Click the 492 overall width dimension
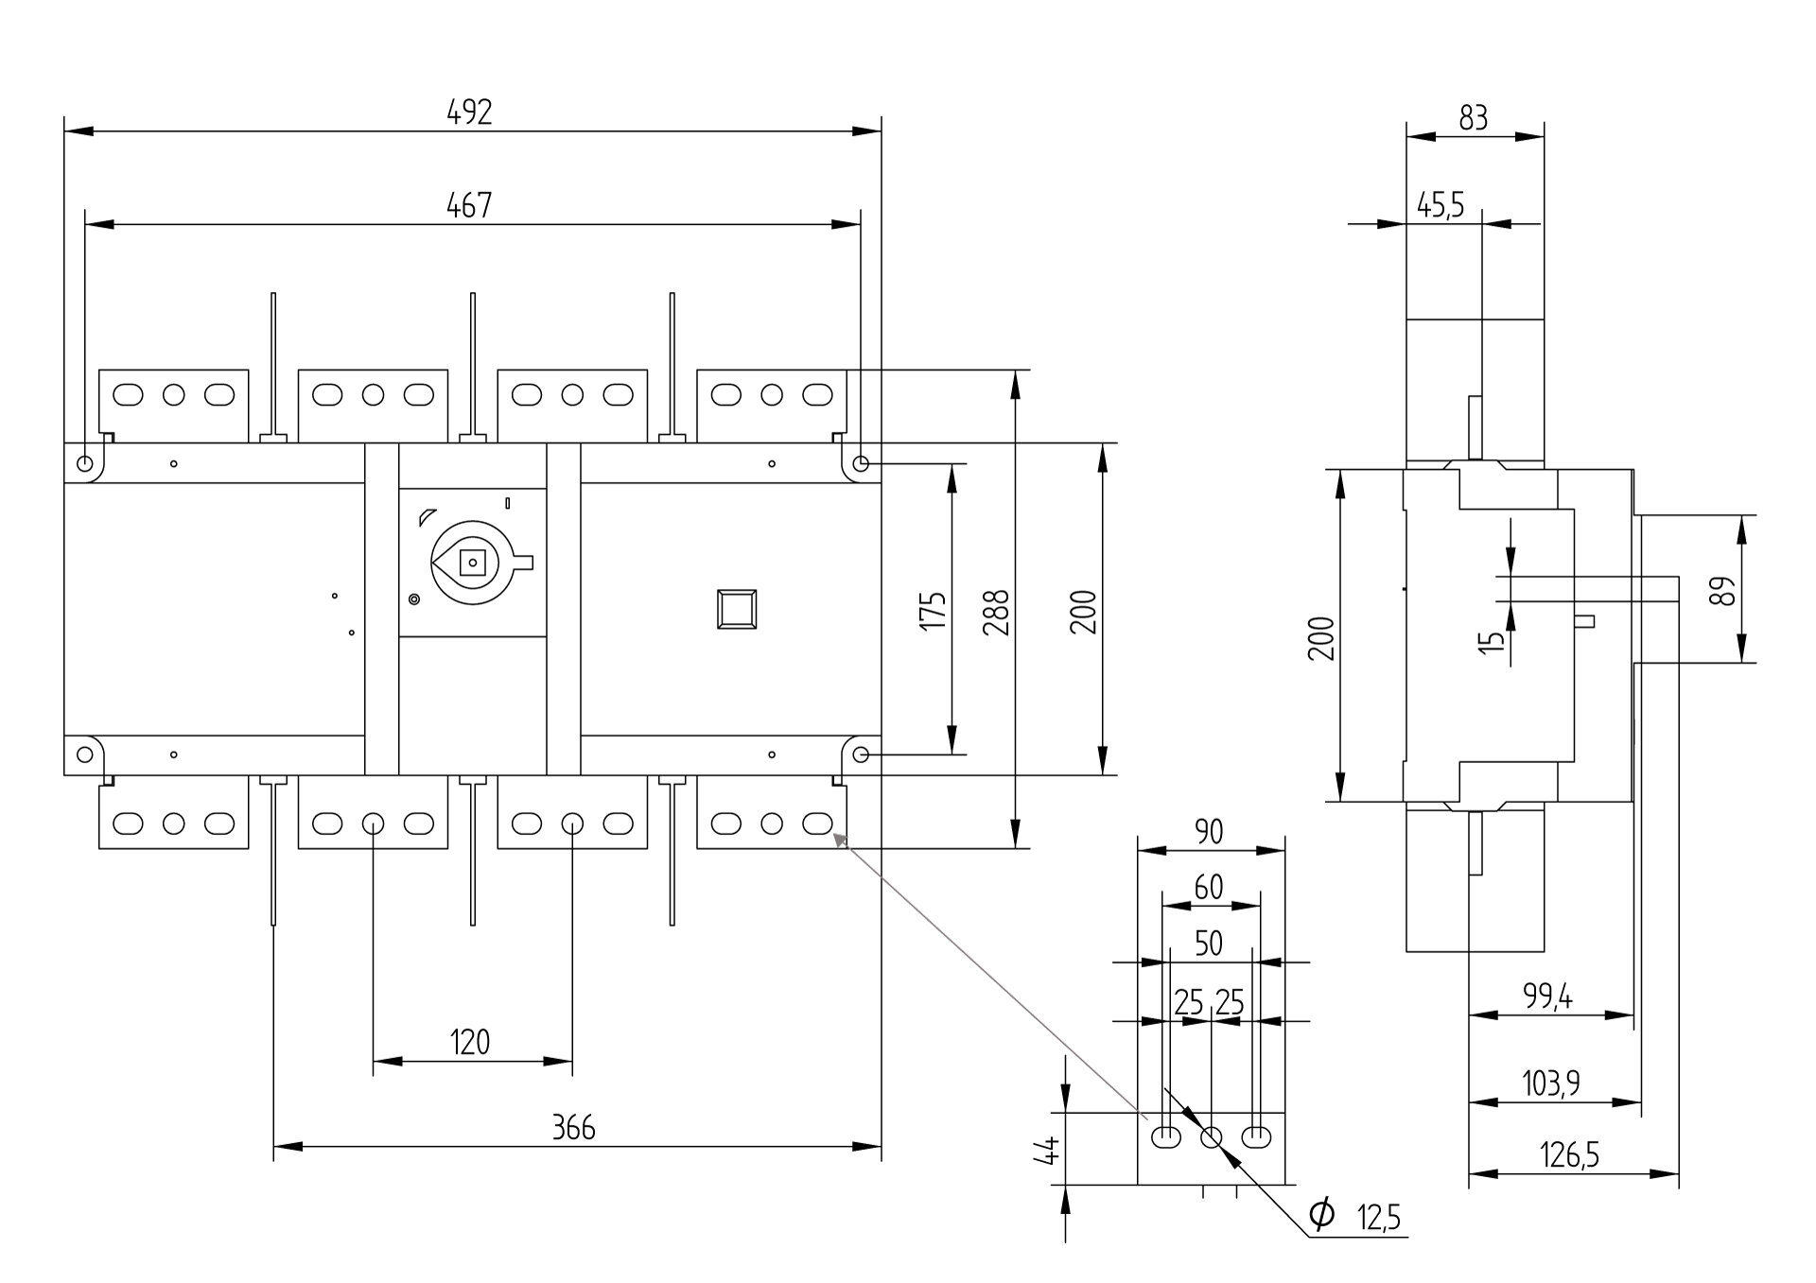tap(469, 113)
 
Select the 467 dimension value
tap(469, 205)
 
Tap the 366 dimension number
tap(573, 1127)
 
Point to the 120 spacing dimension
tap(470, 1042)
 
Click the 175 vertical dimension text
tap(934, 611)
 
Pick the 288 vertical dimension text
tap(997, 611)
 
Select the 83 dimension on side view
tap(1474, 118)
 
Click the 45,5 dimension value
tap(1441, 205)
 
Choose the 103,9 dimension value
tap(1550, 1083)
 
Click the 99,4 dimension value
tap(1547, 996)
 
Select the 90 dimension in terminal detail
tap(1209, 832)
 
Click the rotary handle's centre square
tap(472, 563)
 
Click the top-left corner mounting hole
tap(85, 464)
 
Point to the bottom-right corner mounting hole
tap(861, 754)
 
